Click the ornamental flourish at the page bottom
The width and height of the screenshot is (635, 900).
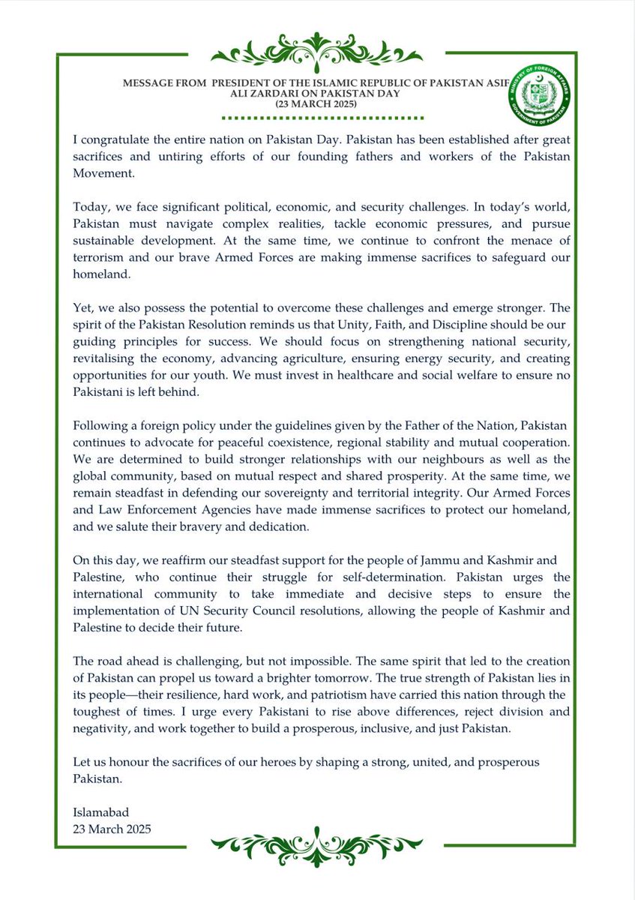[317, 850]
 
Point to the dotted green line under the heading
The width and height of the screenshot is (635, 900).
[317, 118]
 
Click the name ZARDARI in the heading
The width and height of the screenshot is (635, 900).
[280, 94]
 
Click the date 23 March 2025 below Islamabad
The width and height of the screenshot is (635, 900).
[112, 829]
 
